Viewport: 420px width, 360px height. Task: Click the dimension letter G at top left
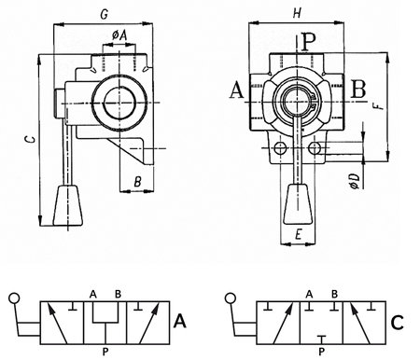click(105, 15)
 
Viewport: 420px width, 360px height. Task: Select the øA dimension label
click(119, 36)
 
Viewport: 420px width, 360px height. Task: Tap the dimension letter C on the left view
click(30, 139)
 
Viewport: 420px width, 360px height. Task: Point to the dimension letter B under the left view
click(138, 181)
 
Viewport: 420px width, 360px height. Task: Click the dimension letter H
click(298, 13)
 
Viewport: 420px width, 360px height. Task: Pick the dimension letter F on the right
click(378, 104)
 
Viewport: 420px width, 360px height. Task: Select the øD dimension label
click(355, 181)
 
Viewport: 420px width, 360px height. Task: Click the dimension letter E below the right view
click(298, 235)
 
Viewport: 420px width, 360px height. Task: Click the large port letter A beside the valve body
click(237, 90)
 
